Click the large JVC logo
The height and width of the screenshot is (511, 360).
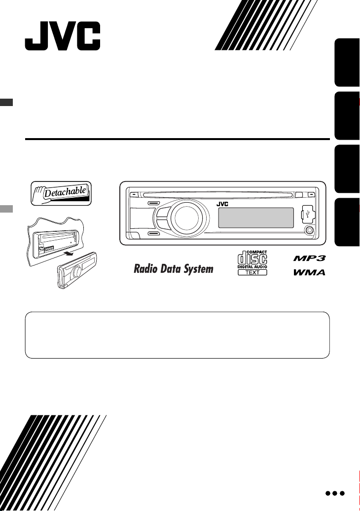(63, 36)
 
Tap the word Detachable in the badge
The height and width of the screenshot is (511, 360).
(65, 192)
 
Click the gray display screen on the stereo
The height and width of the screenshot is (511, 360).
(256, 218)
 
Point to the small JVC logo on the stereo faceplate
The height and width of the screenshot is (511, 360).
(222, 204)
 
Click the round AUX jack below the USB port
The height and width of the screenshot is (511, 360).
(309, 230)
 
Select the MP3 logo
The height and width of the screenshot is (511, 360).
(310, 258)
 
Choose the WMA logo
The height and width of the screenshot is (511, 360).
(310, 272)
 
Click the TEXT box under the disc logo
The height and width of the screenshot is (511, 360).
(252, 272)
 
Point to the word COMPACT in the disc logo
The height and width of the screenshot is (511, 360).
(257, 252)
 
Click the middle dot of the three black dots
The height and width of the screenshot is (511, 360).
(335, 493)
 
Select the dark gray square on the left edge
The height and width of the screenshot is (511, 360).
(6, 102)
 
